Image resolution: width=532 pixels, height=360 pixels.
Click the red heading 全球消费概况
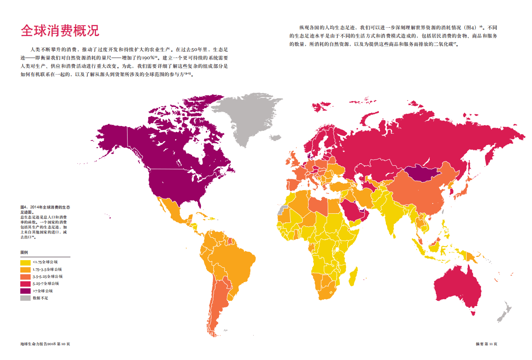[x=60, y=31]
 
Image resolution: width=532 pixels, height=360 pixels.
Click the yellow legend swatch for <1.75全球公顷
[x=25, y=262]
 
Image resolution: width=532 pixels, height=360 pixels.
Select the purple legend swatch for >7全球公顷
[x=25, y=291]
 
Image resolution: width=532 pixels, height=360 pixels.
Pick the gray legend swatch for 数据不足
[x=25, y=298]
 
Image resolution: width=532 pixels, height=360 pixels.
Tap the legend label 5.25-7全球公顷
[x=46, y=284]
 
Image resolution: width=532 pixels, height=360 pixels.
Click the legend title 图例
[x=24, y=252]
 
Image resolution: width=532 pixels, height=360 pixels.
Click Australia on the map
[x=457, y=286]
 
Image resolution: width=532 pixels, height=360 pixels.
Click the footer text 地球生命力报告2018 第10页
[x=45, y=344]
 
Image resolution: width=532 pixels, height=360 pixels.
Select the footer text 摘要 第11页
[x=486, y=344]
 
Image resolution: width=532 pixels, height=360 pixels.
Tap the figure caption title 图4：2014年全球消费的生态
[x=45, y=206]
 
